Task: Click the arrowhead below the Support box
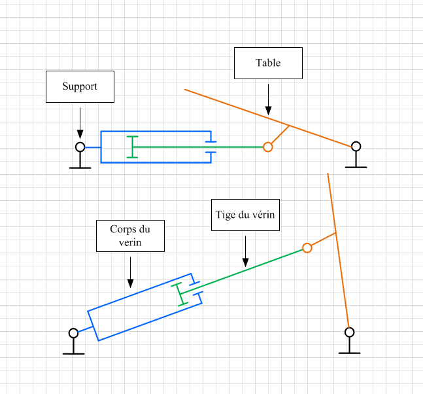pos(80,134)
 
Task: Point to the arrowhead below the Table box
pos(268,111)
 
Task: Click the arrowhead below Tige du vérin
pos(245,262)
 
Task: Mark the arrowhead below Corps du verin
pos(130,283)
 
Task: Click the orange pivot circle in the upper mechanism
pos(267,147)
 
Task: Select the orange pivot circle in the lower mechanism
pos(307,247)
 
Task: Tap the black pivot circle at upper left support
pos(80,147)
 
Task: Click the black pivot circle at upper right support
pos(356,147)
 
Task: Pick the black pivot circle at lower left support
pos(73,333)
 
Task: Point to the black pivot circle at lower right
pos(349,332)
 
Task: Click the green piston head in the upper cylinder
pos(132,147)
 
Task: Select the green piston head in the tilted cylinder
pos(179,295)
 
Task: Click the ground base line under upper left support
pos(80,168)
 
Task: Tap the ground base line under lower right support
pos(349,353)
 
